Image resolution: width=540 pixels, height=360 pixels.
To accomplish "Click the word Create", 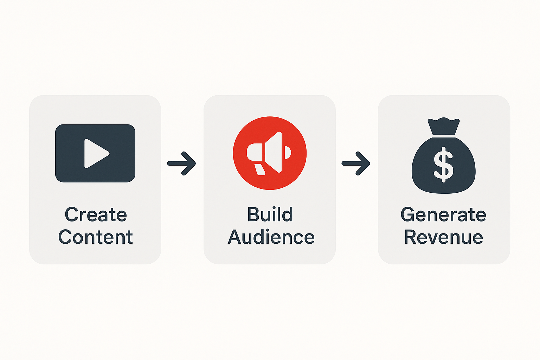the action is (96, 214).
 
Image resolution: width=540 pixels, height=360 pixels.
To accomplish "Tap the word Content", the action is (96, 237).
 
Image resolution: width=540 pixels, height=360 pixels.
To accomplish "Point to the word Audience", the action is (271, 237).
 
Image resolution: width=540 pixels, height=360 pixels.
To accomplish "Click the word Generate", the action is (443, 214).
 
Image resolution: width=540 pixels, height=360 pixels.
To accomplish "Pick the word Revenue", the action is (444, 237).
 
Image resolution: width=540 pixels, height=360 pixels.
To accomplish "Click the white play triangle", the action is (97, 153).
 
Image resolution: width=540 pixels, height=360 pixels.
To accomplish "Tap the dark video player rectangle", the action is (95, 153).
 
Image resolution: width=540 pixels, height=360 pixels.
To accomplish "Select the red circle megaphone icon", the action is (270, 153).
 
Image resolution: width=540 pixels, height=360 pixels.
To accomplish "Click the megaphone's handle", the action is (260, 169).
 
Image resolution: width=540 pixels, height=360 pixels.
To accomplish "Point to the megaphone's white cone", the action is (274, 152).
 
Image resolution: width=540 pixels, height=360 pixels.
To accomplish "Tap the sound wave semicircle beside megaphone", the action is (288, 152).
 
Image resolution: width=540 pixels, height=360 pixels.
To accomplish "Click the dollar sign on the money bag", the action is (444, 164).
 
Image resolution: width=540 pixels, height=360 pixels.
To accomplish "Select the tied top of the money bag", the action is (444, 126).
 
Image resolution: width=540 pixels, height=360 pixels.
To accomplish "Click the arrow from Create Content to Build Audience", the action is (181, 163).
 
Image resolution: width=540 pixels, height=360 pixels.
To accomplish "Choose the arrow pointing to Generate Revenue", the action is (356, 163).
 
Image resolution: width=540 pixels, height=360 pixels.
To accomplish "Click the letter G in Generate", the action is (408, 214).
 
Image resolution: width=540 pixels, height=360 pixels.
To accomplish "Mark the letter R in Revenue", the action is (411, 237).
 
